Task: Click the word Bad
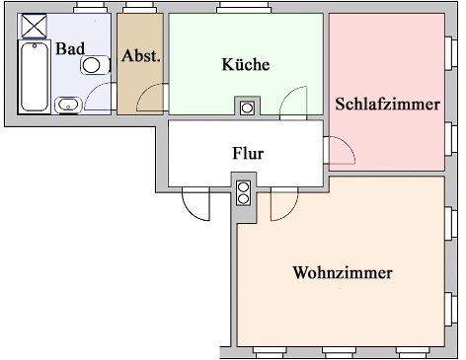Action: tap(69, 47)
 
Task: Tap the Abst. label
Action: tap(140, 55)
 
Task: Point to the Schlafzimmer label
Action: tap(386, 104)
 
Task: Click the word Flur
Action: tap(248, 154)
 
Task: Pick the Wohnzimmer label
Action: tap(343, 272)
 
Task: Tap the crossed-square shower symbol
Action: tap(35, 25)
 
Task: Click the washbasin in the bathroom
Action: tap(68, 104)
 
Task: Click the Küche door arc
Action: tap(292, 102)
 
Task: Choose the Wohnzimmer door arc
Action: tap(281, 204)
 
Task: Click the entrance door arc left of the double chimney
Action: tap(196, 204)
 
